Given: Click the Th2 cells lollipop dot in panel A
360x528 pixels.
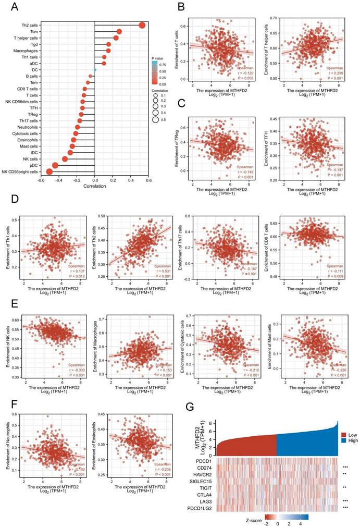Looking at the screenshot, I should (142, 25).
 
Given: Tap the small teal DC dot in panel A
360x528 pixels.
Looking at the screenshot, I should (95, 69).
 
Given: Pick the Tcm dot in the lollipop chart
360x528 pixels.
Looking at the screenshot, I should (119, 31).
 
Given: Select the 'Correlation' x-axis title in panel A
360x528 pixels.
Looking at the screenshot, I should (95, 187).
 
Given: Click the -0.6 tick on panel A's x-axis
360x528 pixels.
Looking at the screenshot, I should (40, 180).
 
